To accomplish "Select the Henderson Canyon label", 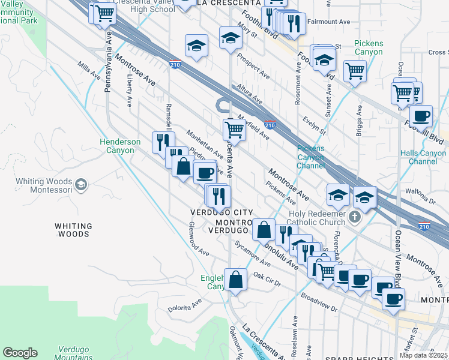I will click(x=120, y=146).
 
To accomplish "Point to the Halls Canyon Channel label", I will click(x=423, y=157).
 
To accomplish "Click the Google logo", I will click(x=20, y=353).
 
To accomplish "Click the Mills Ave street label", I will click(x=88, y=73).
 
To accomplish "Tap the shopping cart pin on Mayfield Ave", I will click(x=234, y=128).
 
